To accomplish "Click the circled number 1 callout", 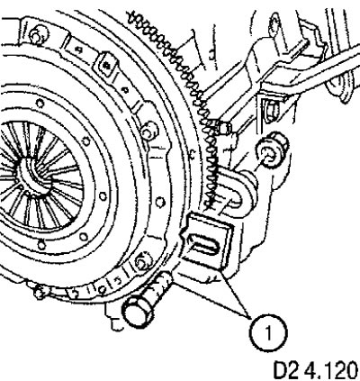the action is click(x=268, y=332).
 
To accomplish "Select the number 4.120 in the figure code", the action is click(x=331, y=371).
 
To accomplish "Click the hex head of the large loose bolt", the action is click(x=138, y=312).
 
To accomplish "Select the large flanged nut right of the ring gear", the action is click(x=271, y=150).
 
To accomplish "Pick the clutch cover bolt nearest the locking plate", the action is click(x=141, y=261).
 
